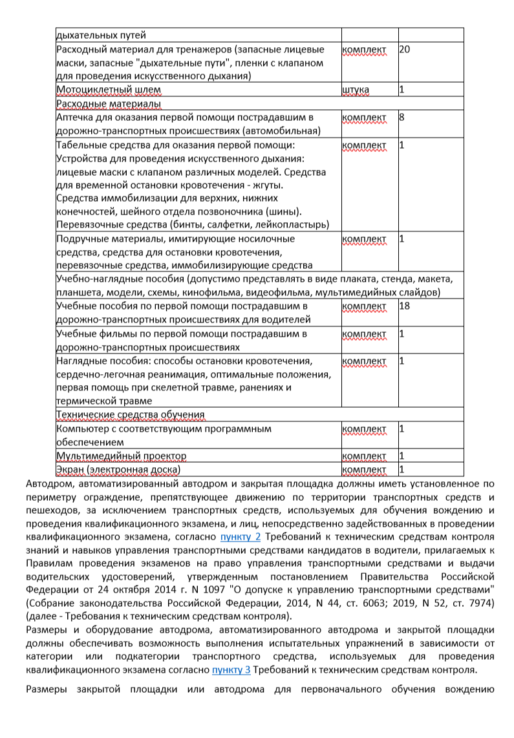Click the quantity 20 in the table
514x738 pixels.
click(405, 50)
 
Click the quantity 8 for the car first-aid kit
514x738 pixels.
click(402, 118)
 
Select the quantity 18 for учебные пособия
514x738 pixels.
click(405, 306)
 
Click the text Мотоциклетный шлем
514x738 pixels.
click(109, 89)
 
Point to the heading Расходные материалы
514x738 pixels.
click(109, 103)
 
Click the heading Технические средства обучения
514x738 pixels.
click(131, 414)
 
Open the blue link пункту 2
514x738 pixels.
click(241, 536)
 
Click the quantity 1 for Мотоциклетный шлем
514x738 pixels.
click(402, 89)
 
